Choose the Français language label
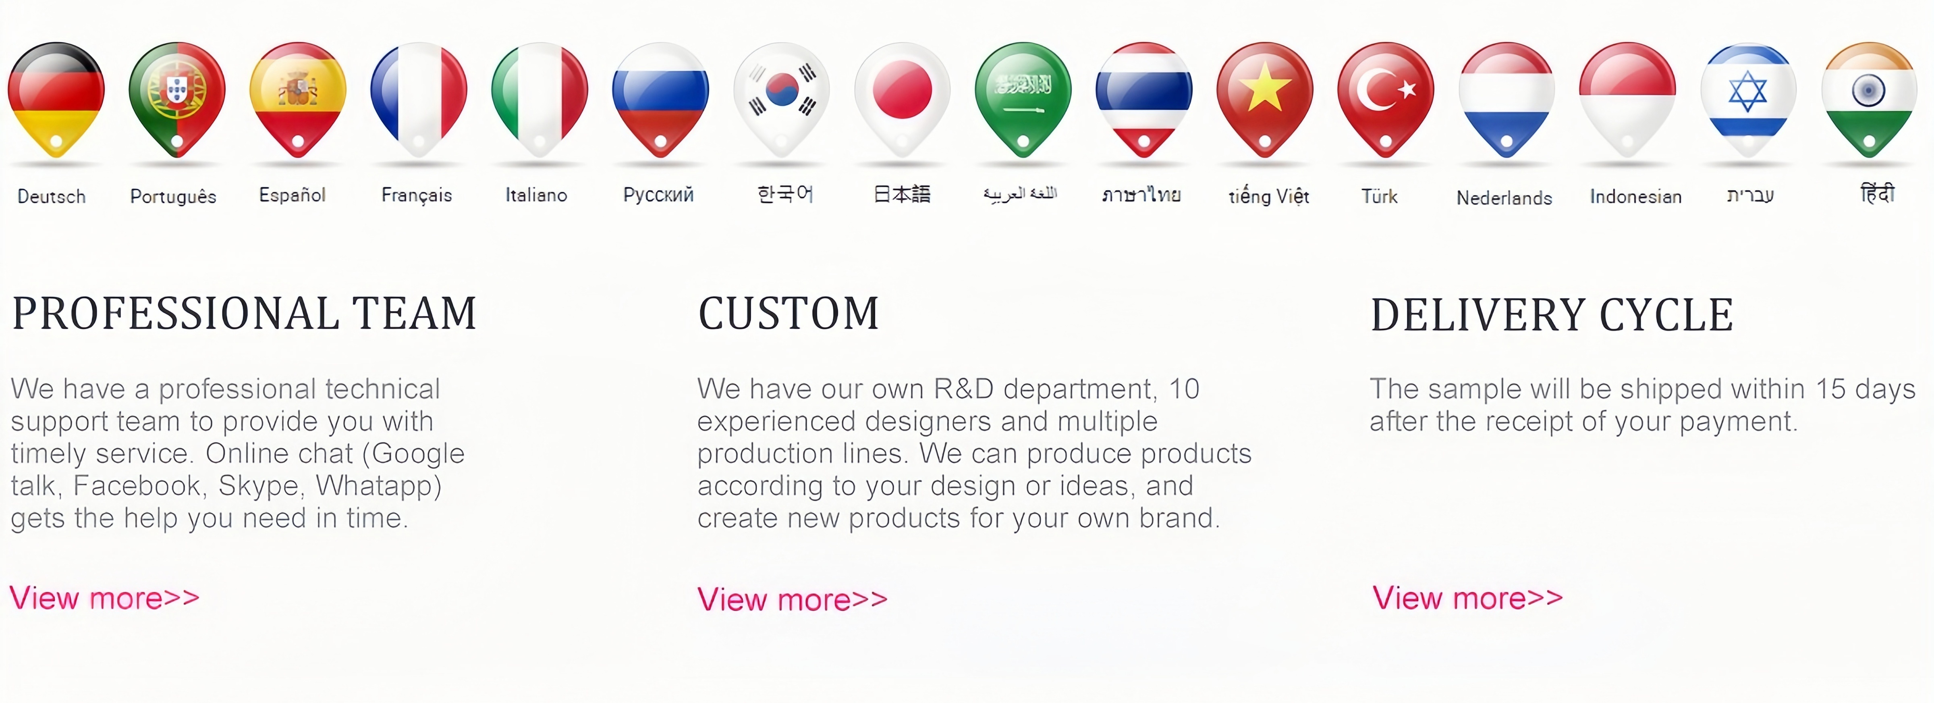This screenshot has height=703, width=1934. point(417,195)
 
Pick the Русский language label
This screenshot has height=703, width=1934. point(658,195)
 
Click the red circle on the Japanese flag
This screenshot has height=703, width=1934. point(903,90)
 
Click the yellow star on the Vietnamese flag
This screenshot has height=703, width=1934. point(1265,87)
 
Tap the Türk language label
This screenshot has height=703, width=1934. point(1379,196)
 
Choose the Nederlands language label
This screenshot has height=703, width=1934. point(1504,198)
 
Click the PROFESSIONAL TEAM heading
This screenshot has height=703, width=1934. point(245,313)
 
